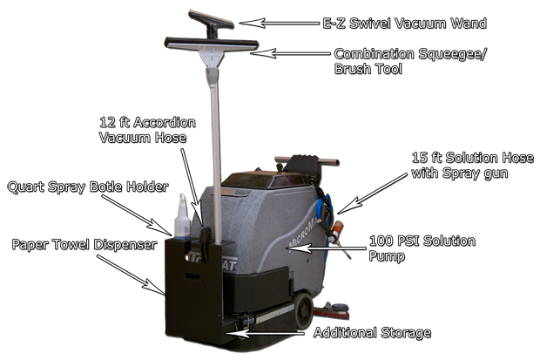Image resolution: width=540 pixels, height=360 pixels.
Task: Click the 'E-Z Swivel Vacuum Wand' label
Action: point(405,24)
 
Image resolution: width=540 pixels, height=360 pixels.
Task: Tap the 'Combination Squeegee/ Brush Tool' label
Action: point(409,61)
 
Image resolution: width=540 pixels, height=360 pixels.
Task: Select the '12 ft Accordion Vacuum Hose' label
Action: point(147,130)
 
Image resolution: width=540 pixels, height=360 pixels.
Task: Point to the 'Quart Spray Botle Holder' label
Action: point(88,187)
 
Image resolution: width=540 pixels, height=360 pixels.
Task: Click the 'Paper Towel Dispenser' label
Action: point(84,244)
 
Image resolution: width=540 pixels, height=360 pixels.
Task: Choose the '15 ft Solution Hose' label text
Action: point(472,158)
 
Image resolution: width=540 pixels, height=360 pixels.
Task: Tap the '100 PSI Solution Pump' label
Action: point(422,248)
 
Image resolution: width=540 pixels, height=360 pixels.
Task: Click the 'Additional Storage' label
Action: point(372,333)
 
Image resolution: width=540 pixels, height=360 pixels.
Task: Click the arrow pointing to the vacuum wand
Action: point(280,24)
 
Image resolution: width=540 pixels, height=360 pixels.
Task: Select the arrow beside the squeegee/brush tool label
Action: point(290,53)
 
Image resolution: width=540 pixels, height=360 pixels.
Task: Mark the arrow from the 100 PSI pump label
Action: point(326,248)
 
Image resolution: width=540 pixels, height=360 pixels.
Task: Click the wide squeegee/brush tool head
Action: point(212,44)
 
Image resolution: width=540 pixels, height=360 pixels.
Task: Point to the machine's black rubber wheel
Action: point(303,310)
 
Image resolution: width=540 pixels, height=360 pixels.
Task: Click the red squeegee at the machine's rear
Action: point(331,313)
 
